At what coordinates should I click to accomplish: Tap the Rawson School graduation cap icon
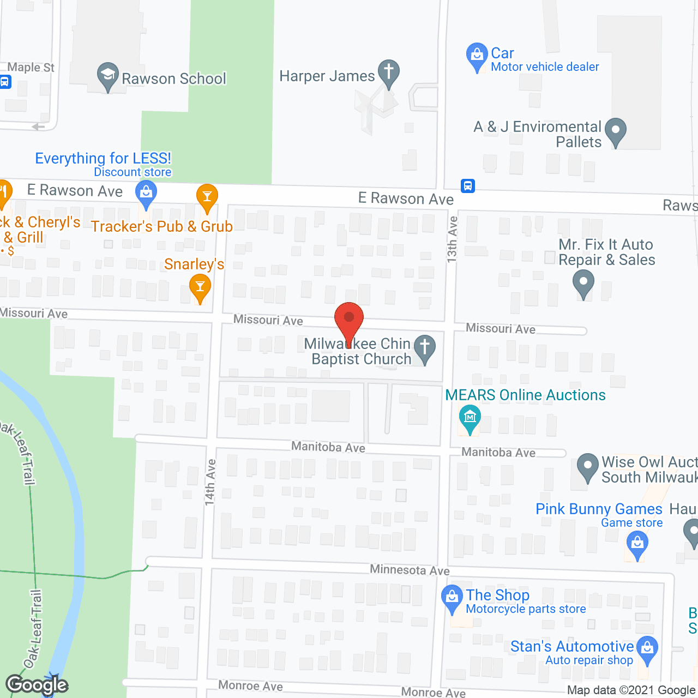point(108,76)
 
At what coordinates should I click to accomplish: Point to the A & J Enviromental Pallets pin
point(616,131)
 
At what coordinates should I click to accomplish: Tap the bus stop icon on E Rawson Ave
point(467,186)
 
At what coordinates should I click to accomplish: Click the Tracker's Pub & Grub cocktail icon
point(207,197)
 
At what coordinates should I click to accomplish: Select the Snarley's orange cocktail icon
point(200,287)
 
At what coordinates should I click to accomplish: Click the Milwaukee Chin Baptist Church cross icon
point(424,348)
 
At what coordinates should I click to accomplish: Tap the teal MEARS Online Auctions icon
point(470,418)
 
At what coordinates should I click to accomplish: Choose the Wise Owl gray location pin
point(587,467)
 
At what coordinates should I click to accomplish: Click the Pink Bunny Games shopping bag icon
point(637,544)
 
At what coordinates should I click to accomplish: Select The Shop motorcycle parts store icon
point(452,598)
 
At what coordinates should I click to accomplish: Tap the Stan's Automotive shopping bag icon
point(647,649)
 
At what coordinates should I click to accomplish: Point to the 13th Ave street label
point(452,239)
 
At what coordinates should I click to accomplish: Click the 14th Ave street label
point(210,482)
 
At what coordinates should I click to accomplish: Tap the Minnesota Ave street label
point(410,570)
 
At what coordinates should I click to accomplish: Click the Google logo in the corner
point(37,685)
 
